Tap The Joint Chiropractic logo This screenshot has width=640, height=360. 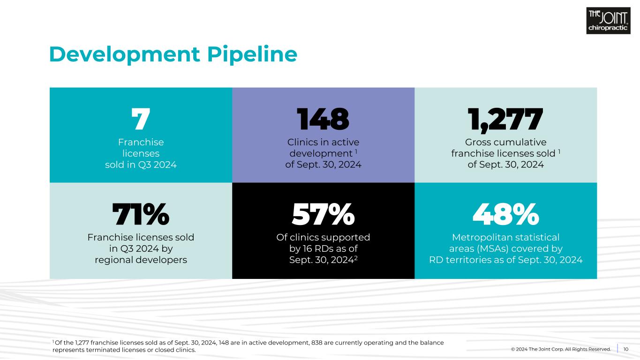pos(608,21)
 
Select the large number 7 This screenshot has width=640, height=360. pos(140,120)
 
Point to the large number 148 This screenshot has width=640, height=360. pos(323,120)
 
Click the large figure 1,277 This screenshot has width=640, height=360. pos(505,120)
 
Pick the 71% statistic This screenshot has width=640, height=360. pos(140,215)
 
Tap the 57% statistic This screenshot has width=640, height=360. pos(323,215)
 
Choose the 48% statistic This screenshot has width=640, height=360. pos(505,215)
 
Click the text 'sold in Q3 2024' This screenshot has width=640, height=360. pos(141,165)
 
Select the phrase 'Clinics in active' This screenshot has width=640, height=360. pos(323,142)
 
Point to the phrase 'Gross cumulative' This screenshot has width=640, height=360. pos(505,142)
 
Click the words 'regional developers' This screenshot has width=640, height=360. pos(141,260)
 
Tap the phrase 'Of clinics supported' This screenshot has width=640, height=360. pos(323,237)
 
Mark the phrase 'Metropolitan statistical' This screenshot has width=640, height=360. pos(505,237)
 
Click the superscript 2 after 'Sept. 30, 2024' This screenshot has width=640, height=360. pos(356,257)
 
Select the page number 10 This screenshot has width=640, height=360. pos(626,349)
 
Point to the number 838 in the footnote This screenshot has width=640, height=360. pos(317,343)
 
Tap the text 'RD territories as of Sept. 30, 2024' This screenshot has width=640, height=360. pos(505,260)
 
